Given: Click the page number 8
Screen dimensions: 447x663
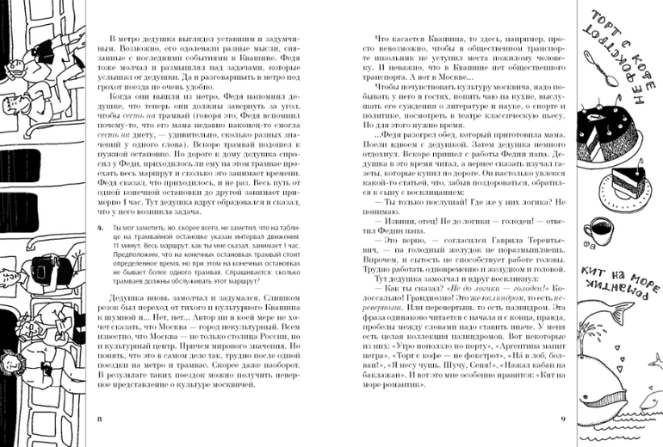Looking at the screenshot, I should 100,419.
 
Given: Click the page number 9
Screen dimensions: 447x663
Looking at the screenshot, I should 561,419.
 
